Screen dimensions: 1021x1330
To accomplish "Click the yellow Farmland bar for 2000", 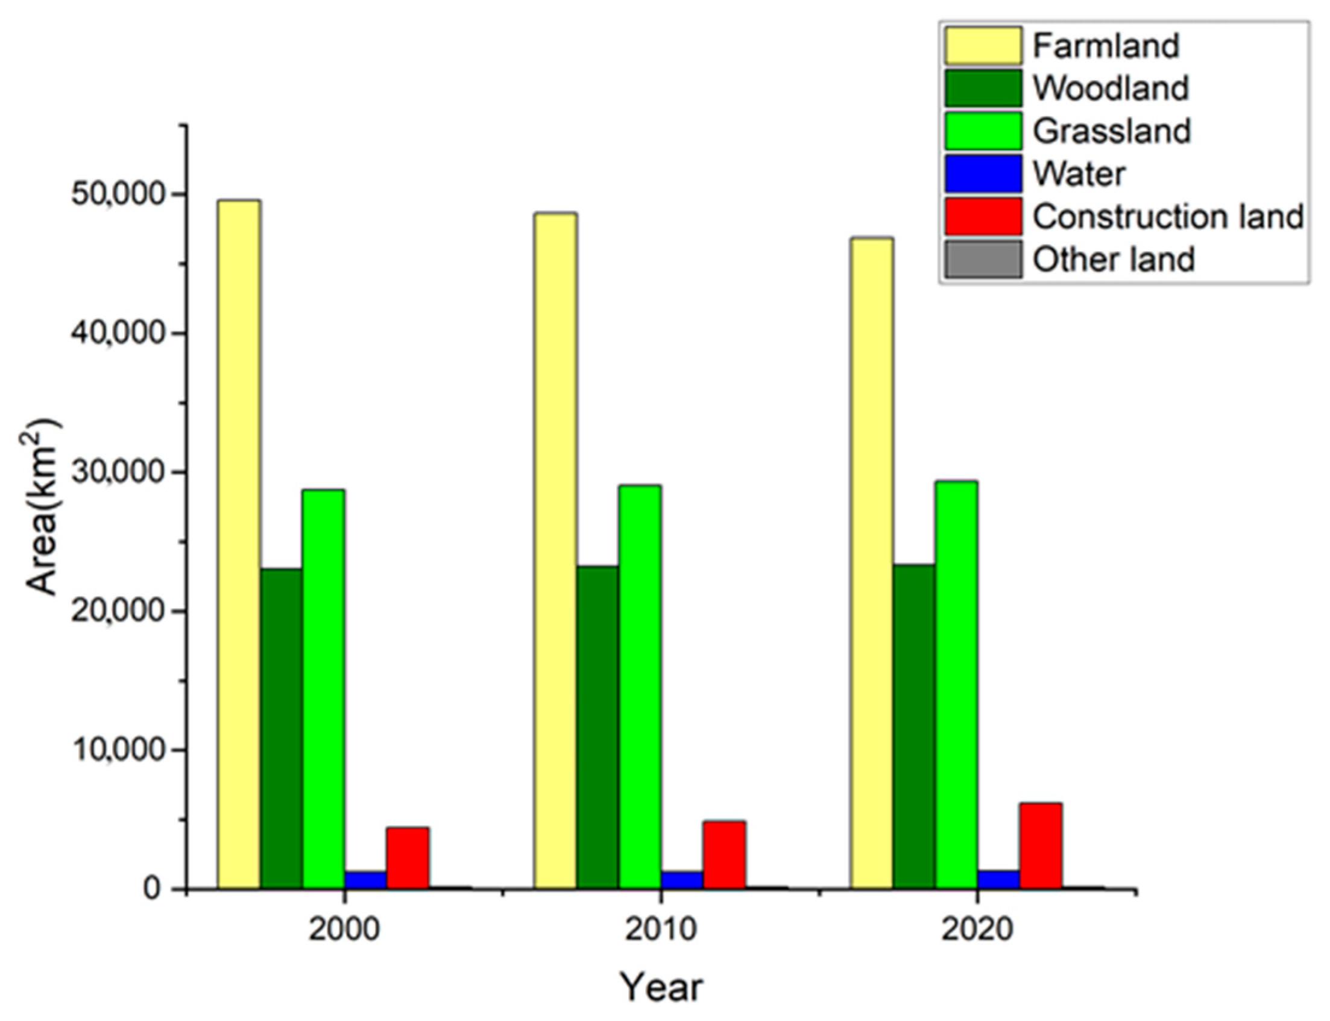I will [x=239, y=544].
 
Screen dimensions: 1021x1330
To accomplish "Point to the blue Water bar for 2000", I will [x=365, y=879].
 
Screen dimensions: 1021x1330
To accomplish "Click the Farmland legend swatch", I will [x=982, y=46].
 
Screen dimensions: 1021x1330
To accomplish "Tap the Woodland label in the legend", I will [x=1110, y=89].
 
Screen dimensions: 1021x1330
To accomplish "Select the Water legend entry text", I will [x=1079, y=174].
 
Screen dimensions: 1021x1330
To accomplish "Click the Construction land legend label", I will [x=1168, y=217].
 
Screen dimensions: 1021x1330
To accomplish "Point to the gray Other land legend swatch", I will [x=982, y=260].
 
